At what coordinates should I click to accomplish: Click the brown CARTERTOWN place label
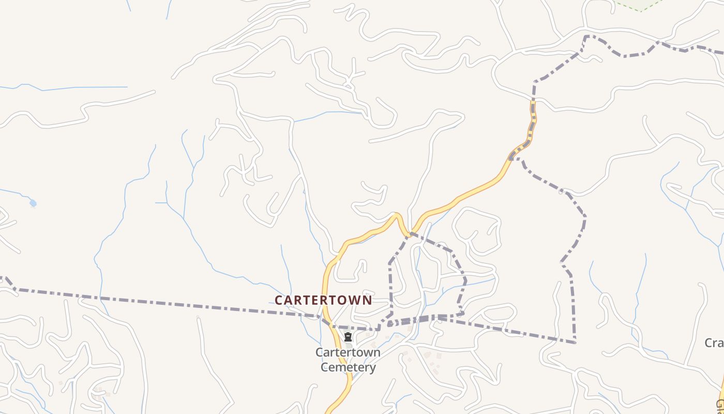323,300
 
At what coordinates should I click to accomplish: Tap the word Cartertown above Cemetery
348,352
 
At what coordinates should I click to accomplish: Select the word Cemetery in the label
348,367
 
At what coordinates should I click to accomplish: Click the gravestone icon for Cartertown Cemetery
348,337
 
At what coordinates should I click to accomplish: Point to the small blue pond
33,203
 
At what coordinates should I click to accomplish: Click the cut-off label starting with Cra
714,343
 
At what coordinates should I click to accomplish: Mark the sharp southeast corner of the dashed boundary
575,342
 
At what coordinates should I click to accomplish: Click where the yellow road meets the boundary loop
410,233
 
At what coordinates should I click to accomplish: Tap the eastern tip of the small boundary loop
465,280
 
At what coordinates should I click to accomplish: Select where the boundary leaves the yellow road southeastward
512,158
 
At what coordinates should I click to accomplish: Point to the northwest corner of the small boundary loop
390,263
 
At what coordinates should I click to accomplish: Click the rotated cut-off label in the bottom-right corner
719,404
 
